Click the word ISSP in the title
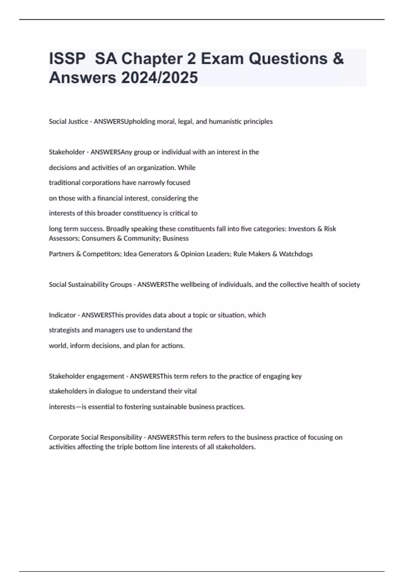[x=67, y=59]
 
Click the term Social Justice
[x=68, y=121]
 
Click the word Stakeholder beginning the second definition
[x=67, y=152]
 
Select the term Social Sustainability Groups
[x=90, y=285]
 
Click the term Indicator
[x=62, y=315]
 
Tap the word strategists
[x=64, y=330]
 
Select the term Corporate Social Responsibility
[x=95, y=437]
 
